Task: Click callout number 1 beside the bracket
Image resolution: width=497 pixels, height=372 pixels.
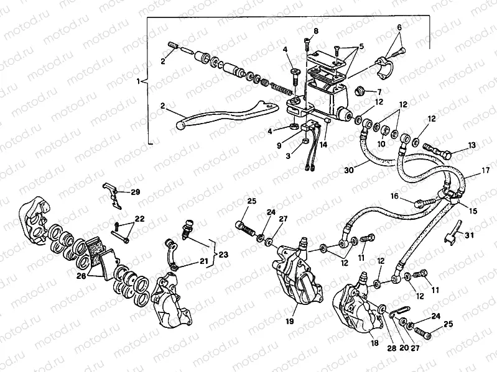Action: [138, 81]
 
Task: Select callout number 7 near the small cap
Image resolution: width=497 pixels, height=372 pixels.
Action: [379, 92]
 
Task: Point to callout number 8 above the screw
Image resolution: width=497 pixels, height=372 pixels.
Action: [315, 31]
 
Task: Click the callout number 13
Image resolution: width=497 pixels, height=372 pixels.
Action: [472, 145]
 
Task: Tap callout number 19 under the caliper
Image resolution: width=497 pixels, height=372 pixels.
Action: [290, 322]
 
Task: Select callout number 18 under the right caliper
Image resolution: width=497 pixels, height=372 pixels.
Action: [374, 342]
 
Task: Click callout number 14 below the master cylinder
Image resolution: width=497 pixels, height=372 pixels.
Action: [322, 144]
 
